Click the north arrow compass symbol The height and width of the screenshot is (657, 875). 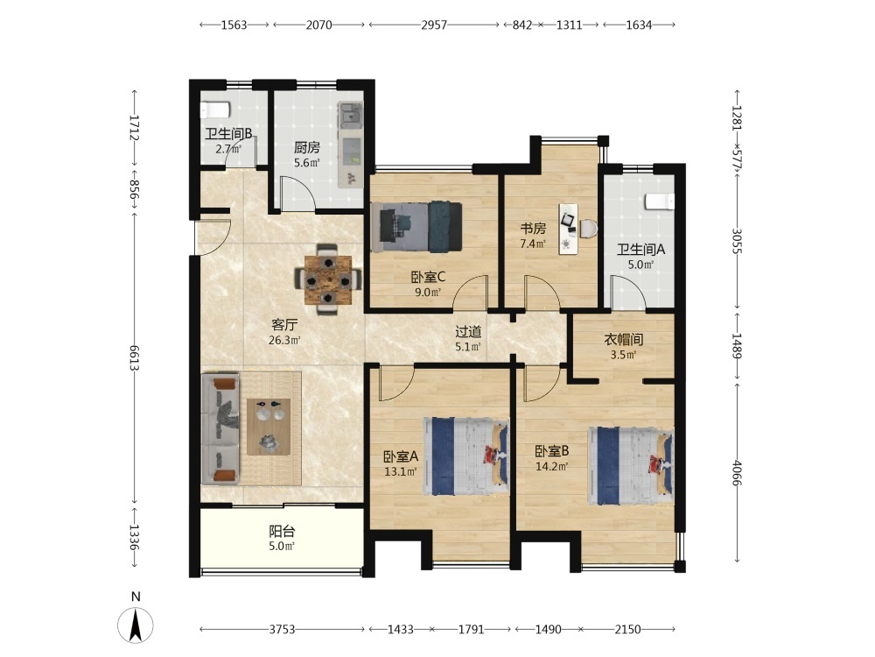(136, 625)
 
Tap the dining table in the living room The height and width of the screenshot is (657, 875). (328, 279)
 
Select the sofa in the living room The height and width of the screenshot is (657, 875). (221, 429)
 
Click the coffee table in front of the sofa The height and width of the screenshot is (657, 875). (269, 427)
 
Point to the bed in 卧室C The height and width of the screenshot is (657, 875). (416, 227)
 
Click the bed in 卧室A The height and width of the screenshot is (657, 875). (466, 456)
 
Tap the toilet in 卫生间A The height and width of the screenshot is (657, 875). (660, 201)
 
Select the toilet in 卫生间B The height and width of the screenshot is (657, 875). (215, 109)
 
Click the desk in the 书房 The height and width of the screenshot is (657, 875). (569, 229)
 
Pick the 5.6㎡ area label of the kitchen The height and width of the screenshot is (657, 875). (307, 163)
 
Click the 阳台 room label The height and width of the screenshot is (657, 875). (282, 531)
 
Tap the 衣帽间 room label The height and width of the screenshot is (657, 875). (623, 339)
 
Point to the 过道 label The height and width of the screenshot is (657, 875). (467, 332)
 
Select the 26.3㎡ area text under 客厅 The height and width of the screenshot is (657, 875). (284, 340)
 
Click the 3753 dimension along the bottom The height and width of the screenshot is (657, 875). (282, 630)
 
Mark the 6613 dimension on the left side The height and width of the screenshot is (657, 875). (134, 357)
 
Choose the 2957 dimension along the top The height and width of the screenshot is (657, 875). (434, 25)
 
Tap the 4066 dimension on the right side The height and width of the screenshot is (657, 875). (737, 473)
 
